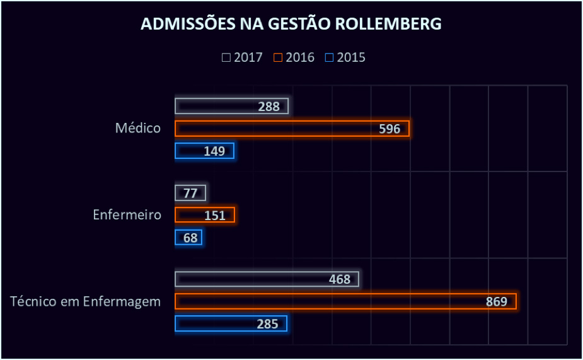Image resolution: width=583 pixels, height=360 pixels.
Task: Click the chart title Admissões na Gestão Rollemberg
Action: pyautogui.click(x=291, y=24)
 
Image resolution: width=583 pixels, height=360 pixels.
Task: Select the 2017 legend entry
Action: pyautogui.click(x=242, y=57)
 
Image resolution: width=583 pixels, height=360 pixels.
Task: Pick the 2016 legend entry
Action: pyautogui.click(x=294, y=57)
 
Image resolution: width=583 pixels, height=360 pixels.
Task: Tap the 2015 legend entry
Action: pyautogui.click(x=345, y=57)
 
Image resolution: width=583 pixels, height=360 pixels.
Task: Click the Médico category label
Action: pyautogui.click(x=138, y=129)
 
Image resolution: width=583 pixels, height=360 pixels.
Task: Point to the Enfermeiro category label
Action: pyautogui.click(x=127, y=215)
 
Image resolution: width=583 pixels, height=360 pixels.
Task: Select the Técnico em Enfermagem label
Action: pyautogui.click(x=86, y=301)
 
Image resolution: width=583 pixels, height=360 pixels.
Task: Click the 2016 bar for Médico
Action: pyautogui.click(x=292, y=129)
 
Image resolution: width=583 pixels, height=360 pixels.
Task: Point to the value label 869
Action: pyautogui.click(x=496, y=301)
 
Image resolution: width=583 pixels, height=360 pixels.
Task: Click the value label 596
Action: pyautogui.click(x=390, y=129)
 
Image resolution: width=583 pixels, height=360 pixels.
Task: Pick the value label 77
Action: pyautogui.click(x=190, y=193)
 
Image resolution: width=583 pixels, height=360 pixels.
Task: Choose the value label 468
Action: pyautogui.click(x=340, y=279)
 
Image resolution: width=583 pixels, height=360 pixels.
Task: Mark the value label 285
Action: pyautogui.click(x=268, y=324)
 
